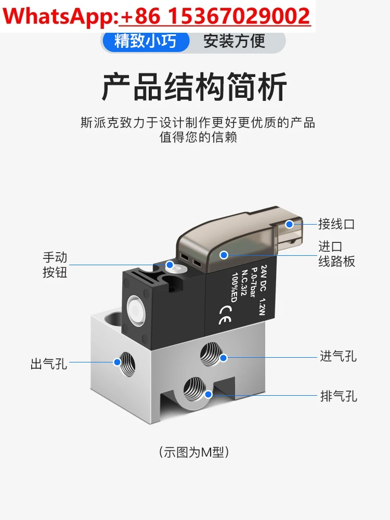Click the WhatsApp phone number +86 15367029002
click(215, 17)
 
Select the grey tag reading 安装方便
click(234, 41)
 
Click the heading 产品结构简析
click(194, 87)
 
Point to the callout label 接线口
click(336, 224)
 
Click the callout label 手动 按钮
click(55, 265)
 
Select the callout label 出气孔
click(49, 363)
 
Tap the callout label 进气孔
click(338, 357)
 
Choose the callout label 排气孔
click(338, 396)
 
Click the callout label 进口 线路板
click(336, 254)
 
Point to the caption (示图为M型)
click(194, 452)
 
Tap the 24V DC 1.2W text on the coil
click(257, 285)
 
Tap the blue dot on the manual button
click(169, 265)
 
